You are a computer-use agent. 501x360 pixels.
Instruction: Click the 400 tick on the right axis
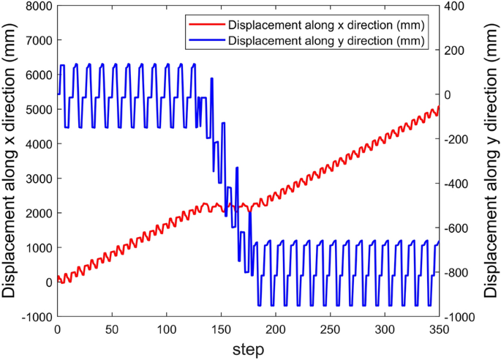coord(455,6)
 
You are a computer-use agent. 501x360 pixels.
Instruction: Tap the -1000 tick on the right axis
coord(460,317)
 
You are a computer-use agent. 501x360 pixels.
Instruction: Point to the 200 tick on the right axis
coord(455,50)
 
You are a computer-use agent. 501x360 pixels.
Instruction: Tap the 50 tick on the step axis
coord(112,330)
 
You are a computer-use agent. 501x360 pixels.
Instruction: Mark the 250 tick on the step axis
coord(330,330)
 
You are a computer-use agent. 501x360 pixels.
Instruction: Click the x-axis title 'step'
coord(249,349)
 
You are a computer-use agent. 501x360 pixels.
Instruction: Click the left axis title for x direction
coord(11,161)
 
